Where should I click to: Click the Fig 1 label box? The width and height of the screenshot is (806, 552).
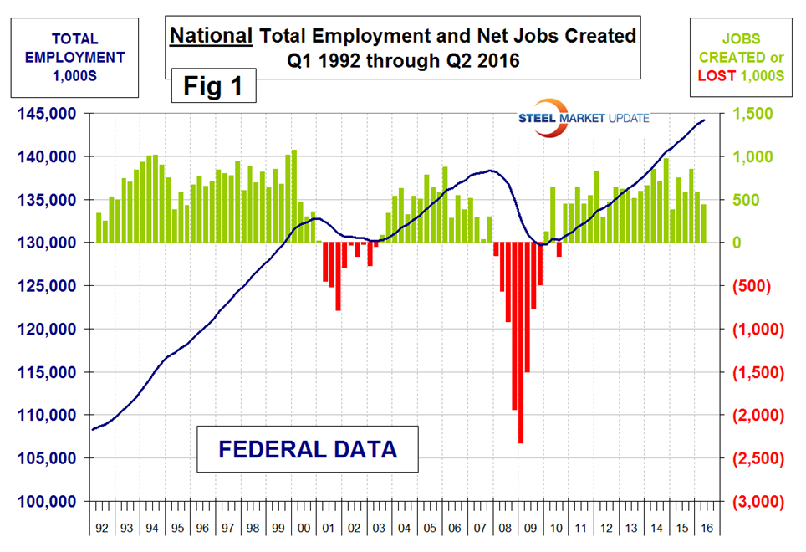click(x=213, y=87)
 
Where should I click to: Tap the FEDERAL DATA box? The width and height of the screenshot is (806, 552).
click(x=307, y=449)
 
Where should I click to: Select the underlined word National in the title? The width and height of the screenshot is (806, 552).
click(x=212, y=36)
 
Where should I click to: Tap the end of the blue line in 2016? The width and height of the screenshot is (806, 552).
click(x=704, y=120)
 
